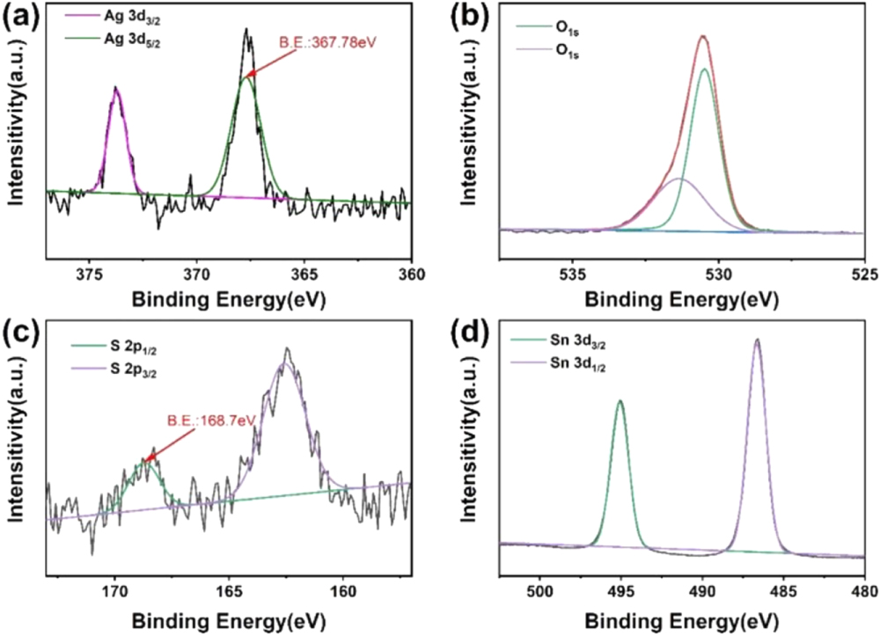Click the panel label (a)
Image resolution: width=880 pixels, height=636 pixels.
pyautogui.click(x=20, y=18)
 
